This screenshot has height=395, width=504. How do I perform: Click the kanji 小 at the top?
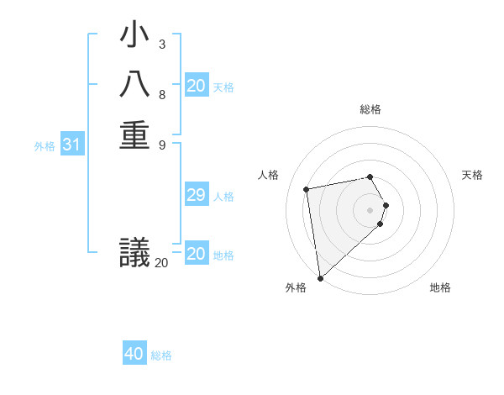(134, 36)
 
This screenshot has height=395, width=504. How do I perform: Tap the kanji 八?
(134, 86)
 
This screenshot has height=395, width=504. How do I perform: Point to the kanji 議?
(134, 252)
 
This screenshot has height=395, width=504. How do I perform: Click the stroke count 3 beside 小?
(161, 45)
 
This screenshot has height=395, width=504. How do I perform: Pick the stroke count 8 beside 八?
(161, 94)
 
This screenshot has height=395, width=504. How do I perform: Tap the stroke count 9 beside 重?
(161, 144)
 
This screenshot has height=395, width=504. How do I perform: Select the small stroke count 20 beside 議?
(161, 262)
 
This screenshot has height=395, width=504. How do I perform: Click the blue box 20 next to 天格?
(197, 86)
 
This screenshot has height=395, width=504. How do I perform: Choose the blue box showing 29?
(197, 196)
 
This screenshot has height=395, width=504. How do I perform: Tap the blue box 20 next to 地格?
(197, 255)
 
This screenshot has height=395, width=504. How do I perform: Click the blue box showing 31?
(72, 145)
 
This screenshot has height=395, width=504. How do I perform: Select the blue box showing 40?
(134, 354)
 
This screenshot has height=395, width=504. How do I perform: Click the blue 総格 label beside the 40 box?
(162, 355)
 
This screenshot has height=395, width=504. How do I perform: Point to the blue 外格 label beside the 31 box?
(45, 146)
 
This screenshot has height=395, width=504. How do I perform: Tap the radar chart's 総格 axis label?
(370, 109)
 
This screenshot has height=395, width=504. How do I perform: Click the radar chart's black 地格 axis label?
(440, 287)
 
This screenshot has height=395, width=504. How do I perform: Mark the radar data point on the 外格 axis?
(320, 278)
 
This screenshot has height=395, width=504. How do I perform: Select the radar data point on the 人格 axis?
(307, 189)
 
